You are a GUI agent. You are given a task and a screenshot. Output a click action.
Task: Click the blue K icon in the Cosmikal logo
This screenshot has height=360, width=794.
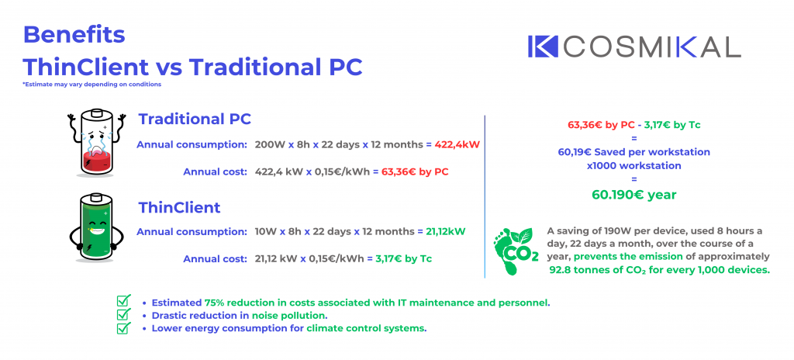542,46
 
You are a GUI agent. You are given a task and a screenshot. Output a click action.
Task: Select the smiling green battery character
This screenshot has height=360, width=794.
95,227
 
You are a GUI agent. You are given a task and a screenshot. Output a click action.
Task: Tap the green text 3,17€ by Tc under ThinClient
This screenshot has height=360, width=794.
403,258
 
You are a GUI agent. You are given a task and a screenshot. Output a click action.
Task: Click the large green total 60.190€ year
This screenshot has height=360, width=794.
634,195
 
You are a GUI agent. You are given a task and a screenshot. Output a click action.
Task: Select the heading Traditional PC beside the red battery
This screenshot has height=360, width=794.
195,119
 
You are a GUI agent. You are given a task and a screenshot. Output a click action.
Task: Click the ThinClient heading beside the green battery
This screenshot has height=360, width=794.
180,207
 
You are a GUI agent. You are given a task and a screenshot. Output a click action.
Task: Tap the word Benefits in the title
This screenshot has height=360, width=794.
74,35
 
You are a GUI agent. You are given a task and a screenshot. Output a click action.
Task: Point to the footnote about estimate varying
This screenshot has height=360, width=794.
91,85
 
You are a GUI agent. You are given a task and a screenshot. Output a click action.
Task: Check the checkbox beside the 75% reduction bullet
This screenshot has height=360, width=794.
123,301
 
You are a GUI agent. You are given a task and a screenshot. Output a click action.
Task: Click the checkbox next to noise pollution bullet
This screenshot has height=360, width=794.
123,314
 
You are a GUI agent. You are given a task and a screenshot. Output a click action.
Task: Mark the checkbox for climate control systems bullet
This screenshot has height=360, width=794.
123,327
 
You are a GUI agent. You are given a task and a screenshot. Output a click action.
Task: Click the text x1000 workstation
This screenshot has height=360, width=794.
634,165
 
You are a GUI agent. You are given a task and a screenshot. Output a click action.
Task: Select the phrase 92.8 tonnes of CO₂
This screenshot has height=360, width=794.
599,270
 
